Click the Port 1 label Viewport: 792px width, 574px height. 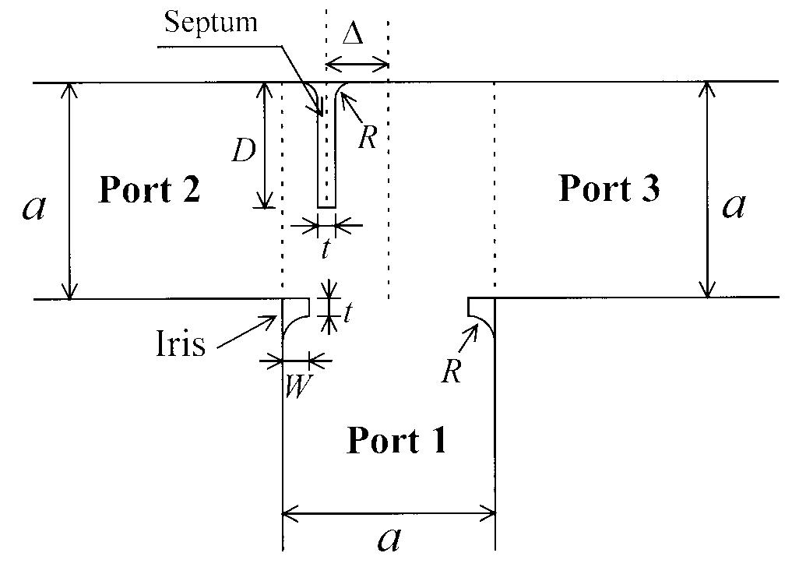[396, 441]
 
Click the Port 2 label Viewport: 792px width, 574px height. [149, 190]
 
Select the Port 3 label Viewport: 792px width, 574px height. [610, 188]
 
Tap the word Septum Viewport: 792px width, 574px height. [210, 22]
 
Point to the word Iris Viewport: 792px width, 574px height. [181, 343]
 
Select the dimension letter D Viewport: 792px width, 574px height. [244, 150]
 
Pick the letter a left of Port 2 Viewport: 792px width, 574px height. [33, 207]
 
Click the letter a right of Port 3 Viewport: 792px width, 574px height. [734, 206]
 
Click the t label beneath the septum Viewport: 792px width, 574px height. [326, 249]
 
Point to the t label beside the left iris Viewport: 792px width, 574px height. [347, 313]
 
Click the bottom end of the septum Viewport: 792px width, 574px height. [326, 206]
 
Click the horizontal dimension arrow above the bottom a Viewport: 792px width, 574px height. [389, 512]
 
